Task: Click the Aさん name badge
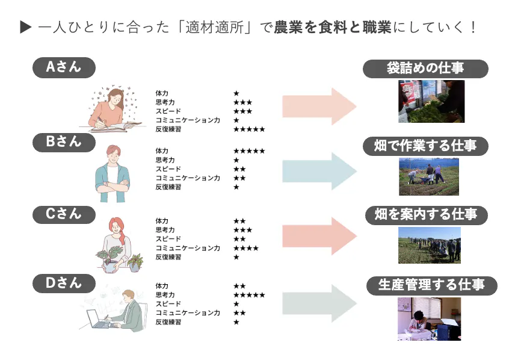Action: point(64,67)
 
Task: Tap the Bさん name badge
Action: point(64,142)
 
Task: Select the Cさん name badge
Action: point(64,214)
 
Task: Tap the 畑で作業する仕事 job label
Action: point(425,146)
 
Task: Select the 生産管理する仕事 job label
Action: point(431,285)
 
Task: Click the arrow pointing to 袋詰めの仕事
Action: point(319,107)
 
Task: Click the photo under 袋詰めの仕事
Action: point(431,101)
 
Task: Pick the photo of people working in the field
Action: point(428,176)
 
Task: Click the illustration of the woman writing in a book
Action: point(114,111)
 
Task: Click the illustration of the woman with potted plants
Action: point(119,244)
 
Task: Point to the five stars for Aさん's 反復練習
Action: point(249,129)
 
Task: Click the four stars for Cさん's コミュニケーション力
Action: point(246,248)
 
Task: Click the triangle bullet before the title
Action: point(25,27)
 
